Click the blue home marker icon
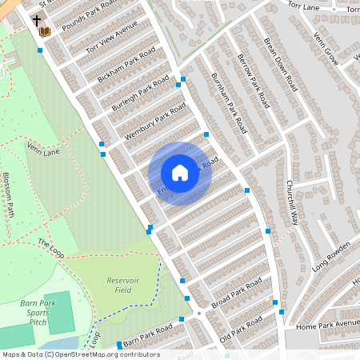(x=180, y=173)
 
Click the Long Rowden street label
(x=332, y=256)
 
